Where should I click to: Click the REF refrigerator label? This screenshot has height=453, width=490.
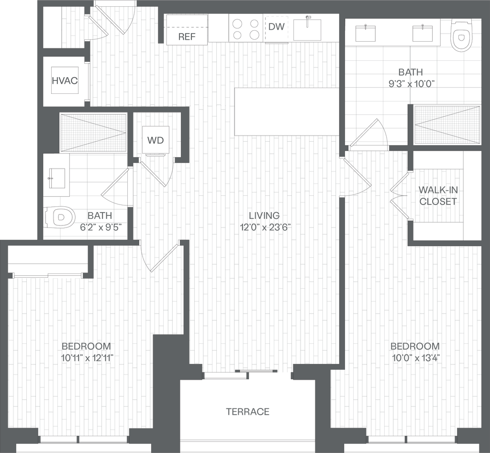point(187,36)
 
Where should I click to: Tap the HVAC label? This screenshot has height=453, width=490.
point(65,80)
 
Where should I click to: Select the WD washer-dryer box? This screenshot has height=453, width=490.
point(156,140)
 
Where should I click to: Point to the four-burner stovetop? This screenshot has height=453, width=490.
point(245,28)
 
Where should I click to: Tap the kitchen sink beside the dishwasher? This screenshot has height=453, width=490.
point(308,28)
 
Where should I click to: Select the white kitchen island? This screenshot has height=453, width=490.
point(287,112)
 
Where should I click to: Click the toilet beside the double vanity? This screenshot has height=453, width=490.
point(461,35)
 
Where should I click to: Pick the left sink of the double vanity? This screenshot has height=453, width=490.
point(366,33)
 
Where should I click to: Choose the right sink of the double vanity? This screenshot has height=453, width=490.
point(423,33)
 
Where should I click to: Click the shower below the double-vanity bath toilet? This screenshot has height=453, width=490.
point(447,125)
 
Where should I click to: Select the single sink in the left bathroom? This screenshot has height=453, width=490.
point(56,176)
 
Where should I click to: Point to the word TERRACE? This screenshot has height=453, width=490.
point(247,411)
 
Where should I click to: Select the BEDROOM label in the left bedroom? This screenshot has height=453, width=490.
point(87,351)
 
